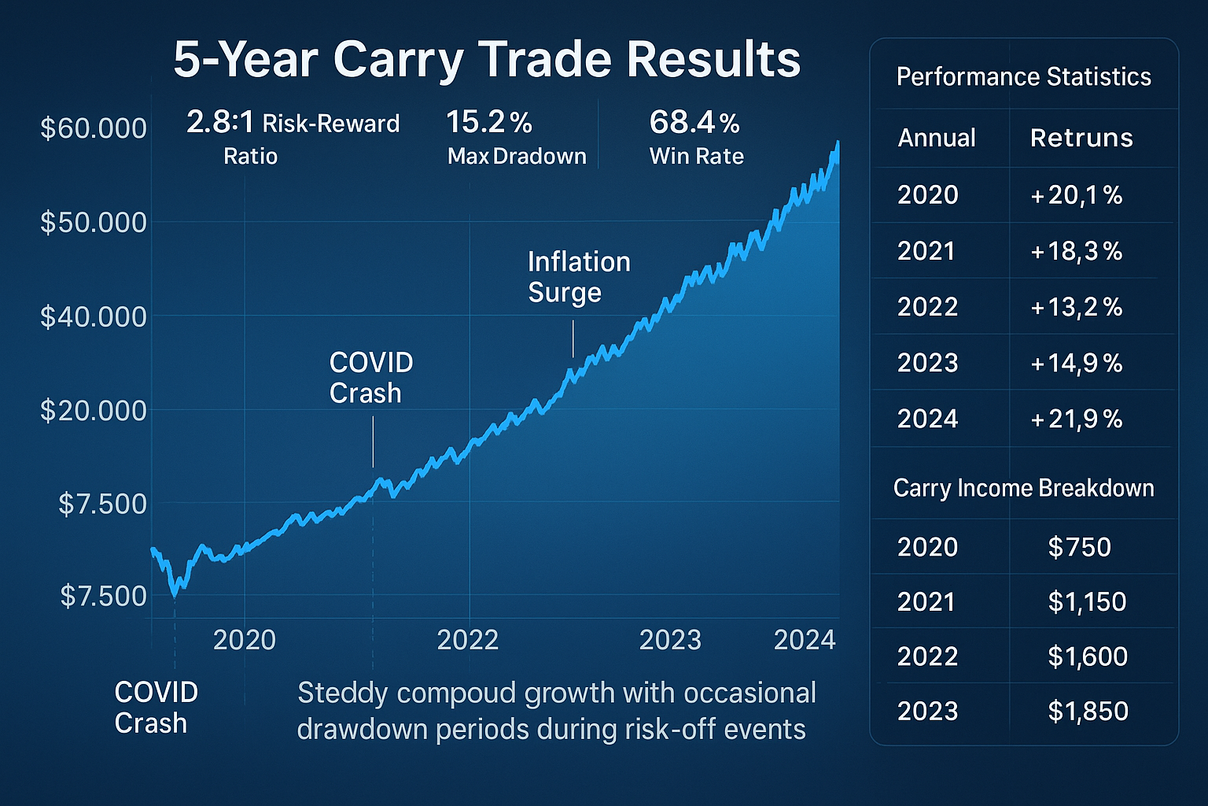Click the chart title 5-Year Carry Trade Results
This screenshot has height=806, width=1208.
pos(487,60)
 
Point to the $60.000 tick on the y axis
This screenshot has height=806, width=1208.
pos(94,128)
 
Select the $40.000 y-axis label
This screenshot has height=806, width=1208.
pos(94,316)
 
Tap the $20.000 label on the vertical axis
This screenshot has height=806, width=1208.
pos(94,410)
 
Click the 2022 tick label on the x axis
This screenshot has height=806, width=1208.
pos(468,640)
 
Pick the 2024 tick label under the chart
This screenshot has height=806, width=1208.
pos(805,640)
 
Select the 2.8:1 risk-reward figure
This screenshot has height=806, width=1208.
pos(220,123)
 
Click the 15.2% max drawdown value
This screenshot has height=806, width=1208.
pos(488,123)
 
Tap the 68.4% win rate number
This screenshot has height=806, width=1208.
pos(694,123)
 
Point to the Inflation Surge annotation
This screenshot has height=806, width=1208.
pos(579,277)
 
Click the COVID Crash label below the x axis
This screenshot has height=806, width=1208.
pos(156,707)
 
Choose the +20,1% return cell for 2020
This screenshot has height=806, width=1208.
pos(1076,195)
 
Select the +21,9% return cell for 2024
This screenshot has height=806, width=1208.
pos(1076,419)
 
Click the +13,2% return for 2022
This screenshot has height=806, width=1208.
pos(1076,307)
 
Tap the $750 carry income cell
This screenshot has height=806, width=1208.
pos(1079,547)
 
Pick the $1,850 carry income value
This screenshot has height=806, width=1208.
pos(1088,712)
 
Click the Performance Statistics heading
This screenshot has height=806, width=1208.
pos(1023,77)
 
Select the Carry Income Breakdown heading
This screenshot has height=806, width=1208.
pos(1023,488)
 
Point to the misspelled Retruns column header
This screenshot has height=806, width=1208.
pos(1081,139)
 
